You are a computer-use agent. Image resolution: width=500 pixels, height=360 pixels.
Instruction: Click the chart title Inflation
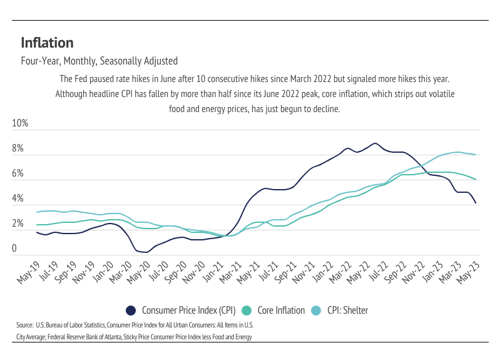(x=47, y=43)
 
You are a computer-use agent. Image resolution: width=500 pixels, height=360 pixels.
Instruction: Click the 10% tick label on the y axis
(x=21, y=123)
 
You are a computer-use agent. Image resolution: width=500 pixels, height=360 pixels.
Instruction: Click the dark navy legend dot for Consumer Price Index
(x=131, y=310)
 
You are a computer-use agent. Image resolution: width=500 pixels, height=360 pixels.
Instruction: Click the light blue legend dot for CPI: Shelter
(x=317, y=310)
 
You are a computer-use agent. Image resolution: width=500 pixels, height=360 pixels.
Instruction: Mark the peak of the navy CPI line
(x=374, y=143)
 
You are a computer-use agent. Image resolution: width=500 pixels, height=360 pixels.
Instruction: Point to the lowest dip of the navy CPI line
(x=146, y=252)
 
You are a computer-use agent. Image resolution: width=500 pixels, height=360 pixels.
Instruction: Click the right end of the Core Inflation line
(x=476, y=180)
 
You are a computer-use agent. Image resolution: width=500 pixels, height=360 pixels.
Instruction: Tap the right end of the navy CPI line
(x=476, y=203)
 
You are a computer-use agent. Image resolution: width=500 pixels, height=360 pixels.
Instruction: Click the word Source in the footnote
(x=24, y=326)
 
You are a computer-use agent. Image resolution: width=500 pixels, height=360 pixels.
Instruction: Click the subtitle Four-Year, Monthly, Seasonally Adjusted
(x=99, y=61)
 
